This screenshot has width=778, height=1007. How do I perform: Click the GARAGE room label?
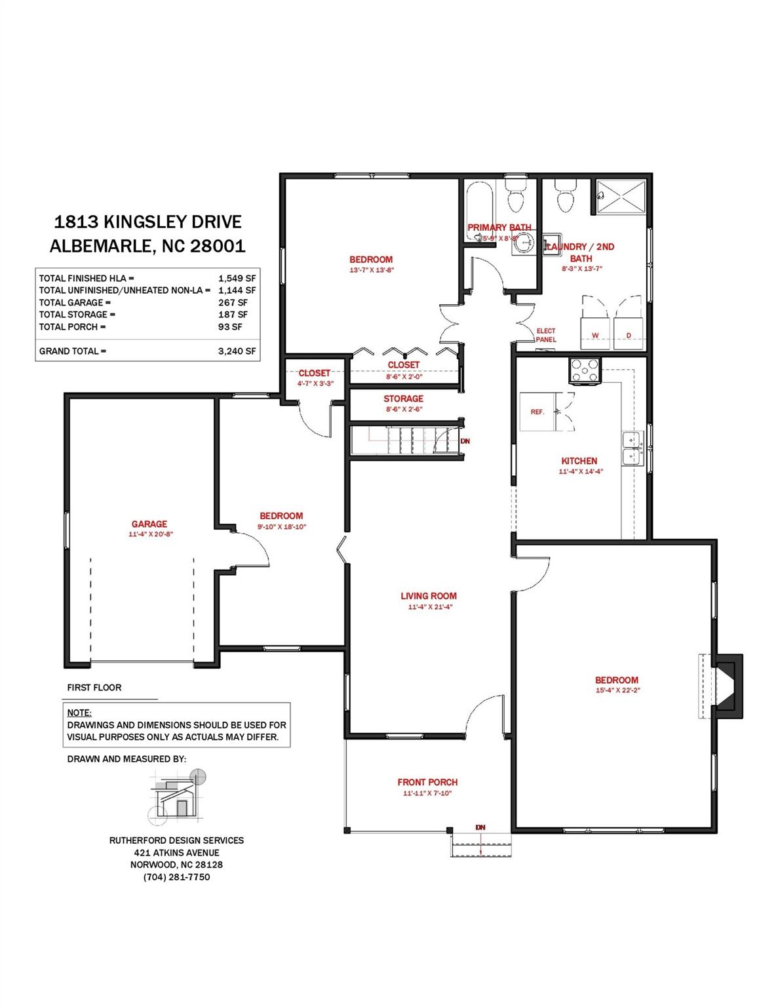coord(149,524)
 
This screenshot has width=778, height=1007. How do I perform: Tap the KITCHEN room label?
coord(579,461)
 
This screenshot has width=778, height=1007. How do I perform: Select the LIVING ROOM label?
coord(429,596)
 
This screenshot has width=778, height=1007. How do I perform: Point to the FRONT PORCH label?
coord(427,782)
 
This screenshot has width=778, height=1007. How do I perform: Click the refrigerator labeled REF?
coord(537,412)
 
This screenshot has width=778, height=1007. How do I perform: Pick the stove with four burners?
coord(585,370)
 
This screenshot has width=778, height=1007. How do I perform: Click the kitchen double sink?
coord(632,447)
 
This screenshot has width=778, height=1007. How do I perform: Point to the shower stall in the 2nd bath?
coord(622,195)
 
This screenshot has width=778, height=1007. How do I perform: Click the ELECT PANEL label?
coord(545,335)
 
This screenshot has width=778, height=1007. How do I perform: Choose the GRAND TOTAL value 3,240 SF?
coord(237,351)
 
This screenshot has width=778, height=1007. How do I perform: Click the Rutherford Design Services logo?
coord(177,795)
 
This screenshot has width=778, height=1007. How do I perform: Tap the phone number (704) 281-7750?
coord(176,877)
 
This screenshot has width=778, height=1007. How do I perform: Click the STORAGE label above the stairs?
coord(403,399)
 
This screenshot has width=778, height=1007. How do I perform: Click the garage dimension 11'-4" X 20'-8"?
coord(150,534)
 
